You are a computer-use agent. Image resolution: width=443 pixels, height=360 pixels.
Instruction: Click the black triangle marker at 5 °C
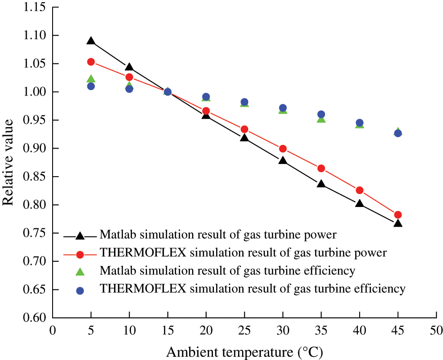click(91, 41)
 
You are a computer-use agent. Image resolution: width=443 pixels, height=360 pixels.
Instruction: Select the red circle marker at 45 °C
click(398, 215)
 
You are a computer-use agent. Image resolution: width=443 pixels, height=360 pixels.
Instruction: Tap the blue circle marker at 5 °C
click(91, 86)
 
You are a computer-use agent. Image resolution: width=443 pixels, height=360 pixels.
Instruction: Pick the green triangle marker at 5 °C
click(91, 79)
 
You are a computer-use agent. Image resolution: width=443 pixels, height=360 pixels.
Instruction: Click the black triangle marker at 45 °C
click(398, 223)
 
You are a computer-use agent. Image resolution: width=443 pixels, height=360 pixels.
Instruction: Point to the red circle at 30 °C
click(283, 149)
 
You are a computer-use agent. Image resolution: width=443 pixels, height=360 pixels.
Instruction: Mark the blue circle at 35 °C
click(321, 114)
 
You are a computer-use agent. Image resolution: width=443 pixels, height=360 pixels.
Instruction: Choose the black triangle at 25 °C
click(244, 137)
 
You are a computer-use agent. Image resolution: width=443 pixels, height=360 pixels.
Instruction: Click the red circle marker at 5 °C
click(91, 62)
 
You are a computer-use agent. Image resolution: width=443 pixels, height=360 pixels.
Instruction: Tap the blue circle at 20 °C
click(206, 97)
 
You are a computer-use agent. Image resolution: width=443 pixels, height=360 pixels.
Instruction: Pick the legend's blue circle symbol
click(80, 290)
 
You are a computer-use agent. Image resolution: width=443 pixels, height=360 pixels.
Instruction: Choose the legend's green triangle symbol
click(80, 272)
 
